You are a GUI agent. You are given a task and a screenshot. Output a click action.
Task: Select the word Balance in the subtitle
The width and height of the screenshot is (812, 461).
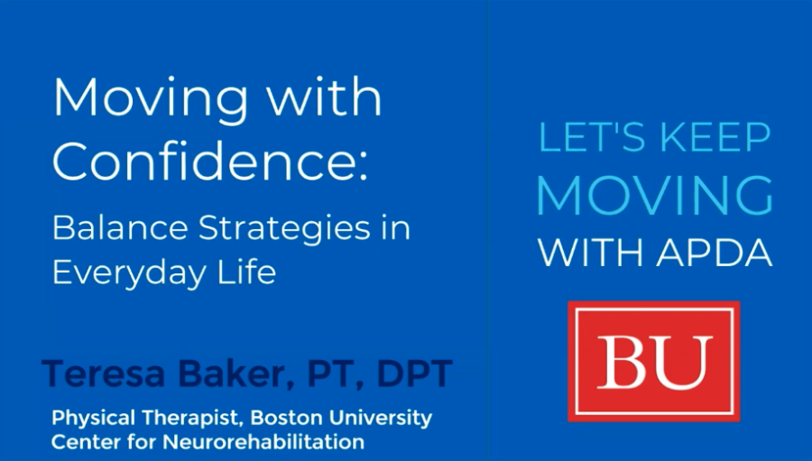(x=120, y=227)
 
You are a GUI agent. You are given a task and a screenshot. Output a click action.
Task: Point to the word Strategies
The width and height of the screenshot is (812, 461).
(x=285, y=228)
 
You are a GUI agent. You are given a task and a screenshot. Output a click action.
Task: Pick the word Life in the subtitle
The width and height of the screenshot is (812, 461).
(x=246, y=271)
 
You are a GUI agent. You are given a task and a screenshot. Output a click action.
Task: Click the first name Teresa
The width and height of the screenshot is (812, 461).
(x=104, y=373)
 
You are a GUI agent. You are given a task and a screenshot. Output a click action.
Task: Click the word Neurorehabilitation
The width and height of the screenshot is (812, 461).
(x=263, y=442)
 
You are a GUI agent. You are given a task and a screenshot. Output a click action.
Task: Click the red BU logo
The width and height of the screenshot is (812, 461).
(x=653, y=362)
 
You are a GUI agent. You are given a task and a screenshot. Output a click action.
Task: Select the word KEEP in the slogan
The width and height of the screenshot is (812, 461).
(x=715, y=137)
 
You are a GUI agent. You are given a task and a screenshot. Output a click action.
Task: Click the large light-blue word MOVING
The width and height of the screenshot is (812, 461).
(x=655, y=195)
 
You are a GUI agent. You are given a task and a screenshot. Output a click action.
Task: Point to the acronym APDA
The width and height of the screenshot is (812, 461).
(x=715, y=253)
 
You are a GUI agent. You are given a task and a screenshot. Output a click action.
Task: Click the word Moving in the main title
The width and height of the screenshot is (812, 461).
(x=151, y=100)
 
